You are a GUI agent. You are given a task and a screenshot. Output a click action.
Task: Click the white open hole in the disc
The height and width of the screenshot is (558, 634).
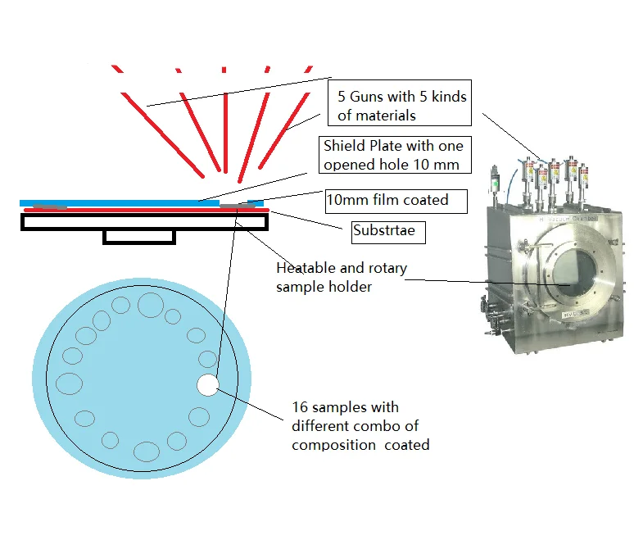pos(208,384)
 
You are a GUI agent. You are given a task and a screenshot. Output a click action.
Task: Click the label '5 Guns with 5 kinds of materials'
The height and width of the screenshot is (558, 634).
pos(396,106)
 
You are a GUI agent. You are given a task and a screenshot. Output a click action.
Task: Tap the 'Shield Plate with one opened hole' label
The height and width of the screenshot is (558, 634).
pos(393,155)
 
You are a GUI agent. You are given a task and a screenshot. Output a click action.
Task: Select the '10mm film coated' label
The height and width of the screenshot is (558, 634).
pos(387,201)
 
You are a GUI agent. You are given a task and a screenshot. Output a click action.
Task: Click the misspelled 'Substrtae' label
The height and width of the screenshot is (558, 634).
pos(383,230)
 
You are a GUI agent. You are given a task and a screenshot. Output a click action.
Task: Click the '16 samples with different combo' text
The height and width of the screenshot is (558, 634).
pos(360,426)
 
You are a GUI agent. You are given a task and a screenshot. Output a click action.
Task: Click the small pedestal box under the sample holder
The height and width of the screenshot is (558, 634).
pos(139,236)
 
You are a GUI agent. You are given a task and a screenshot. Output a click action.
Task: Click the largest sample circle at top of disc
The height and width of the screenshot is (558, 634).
pos(150,305)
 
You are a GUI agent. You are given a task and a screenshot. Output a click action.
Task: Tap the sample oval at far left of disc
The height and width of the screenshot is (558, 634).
pos(69,383)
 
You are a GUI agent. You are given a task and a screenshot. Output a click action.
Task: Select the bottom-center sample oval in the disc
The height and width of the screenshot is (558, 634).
pos(146,451)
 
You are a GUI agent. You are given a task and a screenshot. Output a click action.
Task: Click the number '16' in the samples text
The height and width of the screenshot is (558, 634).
pos(300,407)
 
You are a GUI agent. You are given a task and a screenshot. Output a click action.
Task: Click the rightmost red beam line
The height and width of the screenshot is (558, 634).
pos(287,115)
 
